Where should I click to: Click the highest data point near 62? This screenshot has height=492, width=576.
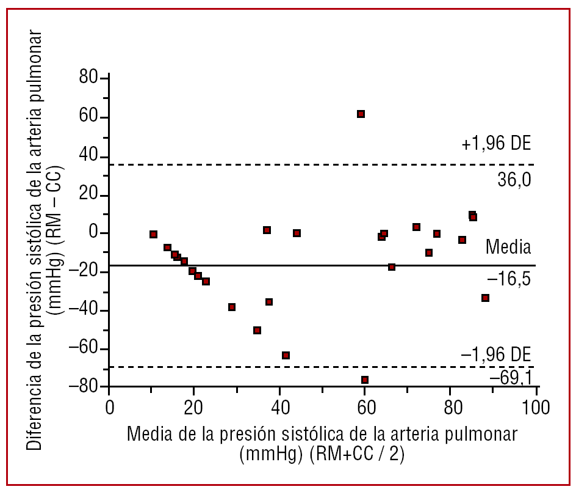[x=361, y=114]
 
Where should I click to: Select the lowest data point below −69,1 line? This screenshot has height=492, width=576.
[x=365, y=380]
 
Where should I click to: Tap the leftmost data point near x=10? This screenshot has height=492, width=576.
[x=153, y=235]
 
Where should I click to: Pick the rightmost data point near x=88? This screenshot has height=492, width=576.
[x=485, y=298]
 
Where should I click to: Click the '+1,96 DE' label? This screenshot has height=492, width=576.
[x=497, y=145]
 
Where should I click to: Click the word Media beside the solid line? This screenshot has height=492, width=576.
[x=508, y=248]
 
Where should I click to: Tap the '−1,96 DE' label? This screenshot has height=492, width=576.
[x=495, y=354]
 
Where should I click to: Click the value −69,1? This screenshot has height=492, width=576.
[x=511, y=378]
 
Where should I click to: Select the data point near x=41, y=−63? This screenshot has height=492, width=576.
[x=286, y=356]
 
